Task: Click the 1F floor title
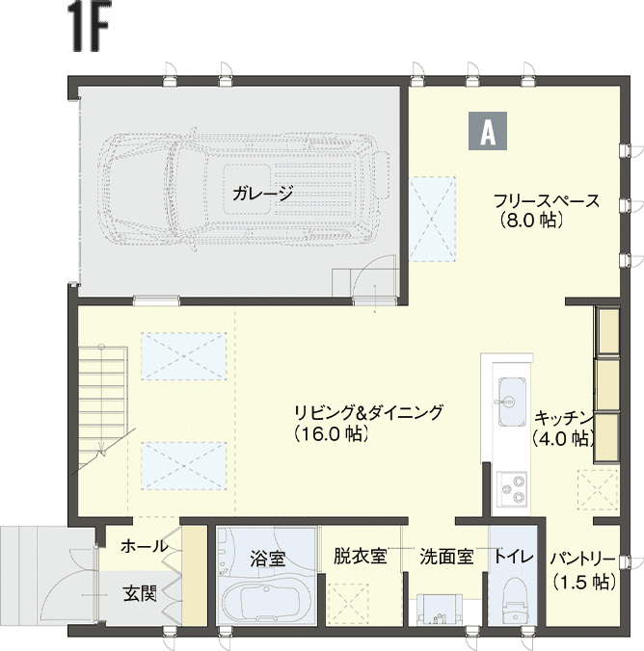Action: click(x=91, y=28)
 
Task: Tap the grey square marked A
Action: click(x=488, y=131)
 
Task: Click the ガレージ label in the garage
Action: click(x=263, y=194)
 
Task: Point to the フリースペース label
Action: click(x=547, y=201)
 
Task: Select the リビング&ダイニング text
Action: click(x=368, y=413)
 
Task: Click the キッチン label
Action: click(x=563, y=418)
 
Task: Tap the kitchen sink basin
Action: click(x=512, y=402)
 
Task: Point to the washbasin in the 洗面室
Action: click(x=440, y=609)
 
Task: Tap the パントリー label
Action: click(x=582, y=560)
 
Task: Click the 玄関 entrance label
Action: click(x=140, y=594)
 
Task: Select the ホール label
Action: click(x=144, y=546)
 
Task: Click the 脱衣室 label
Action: click(x=360, y=557)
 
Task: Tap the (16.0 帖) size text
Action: click(x=332, y=434)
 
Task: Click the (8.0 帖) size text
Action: click(x=531, y=220)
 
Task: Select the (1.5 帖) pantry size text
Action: click(x=584, y=582)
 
